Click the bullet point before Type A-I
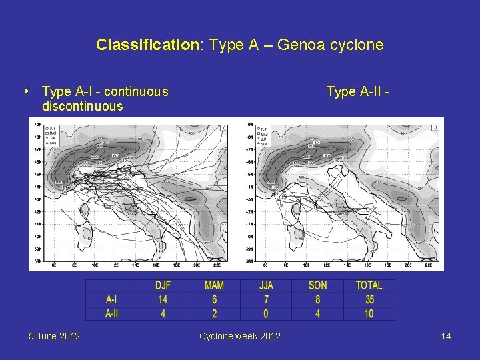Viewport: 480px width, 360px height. (x=25, y=91)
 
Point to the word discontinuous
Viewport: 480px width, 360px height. (x=83, y=106)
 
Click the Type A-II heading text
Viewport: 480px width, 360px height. (x=357, y=91)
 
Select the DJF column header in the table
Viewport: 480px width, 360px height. (x=163, y=285)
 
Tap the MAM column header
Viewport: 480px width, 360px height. (x=214, y=285)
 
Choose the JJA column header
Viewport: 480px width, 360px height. (x=266, y=285)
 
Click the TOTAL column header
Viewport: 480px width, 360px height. (x=369, y=285)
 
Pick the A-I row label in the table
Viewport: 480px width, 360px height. (x=111, y=299)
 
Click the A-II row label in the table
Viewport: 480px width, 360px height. (x=111, y=313)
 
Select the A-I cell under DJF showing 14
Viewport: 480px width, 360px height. (x=163, y=299)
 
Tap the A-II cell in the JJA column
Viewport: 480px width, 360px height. (x=266, y=313)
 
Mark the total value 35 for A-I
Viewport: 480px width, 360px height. (x=369, y=299)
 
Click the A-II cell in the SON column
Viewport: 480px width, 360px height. (x=318, y=313)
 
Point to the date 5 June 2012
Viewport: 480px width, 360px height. (x=55, y=336)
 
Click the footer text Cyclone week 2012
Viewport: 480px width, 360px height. (x=240, y=336)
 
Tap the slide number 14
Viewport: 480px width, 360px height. (x=446, y=336)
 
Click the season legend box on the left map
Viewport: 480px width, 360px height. (x=52, y=136)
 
